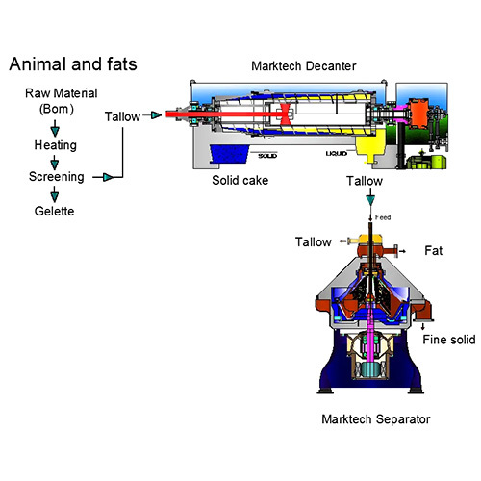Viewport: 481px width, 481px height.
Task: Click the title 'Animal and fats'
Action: [73, 64]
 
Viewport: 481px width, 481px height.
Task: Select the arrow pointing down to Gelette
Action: [54, 193]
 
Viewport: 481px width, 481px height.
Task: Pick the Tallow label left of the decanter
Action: [123, 116]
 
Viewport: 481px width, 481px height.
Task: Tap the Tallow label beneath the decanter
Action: [364, 181]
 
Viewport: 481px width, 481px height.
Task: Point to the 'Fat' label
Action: [433, 251]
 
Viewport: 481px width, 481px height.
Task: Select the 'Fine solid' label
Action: [446, 339]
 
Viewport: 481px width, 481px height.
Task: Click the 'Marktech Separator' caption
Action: [375, 419]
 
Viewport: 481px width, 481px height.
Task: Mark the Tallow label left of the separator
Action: [315, 241]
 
